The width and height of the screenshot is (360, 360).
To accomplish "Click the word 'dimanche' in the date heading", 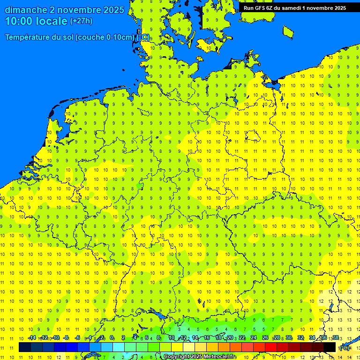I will tap(26, 10).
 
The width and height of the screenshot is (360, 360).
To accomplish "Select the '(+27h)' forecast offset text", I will tap(81, 21).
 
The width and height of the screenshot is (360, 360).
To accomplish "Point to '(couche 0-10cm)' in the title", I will tap(106, 37).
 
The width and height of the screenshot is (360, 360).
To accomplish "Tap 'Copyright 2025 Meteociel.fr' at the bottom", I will tap(200, 357).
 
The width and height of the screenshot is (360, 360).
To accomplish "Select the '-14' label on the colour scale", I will tap(32, 338).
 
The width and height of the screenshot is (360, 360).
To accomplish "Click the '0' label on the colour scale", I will tap(112, 338).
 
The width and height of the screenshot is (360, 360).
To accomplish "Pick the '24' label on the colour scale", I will tap(254, 338).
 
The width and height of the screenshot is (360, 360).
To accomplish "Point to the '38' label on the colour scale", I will tap(335, 338).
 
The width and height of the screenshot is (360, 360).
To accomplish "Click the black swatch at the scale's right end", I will tap(330, 347).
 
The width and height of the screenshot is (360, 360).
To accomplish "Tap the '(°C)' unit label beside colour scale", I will tap(345, 347).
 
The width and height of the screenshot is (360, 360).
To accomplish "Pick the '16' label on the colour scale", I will tap(206, 338).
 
